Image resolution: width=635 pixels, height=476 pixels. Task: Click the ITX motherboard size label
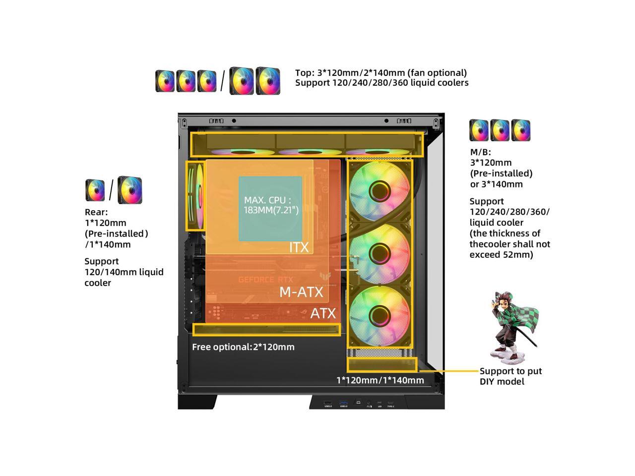[x=299, y=247]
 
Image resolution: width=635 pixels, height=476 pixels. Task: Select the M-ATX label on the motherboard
[x=301, y=292]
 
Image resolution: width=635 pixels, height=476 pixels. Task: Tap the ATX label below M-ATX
[x=323, y=313]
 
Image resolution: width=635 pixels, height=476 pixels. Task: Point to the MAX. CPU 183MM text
[x=271, y=205]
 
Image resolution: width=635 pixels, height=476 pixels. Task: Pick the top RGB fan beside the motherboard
[x=380, y=190]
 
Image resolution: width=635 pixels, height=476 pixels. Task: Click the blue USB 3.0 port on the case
[x=343, y=402]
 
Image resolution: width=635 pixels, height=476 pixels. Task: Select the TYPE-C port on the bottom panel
[x=390, y=403]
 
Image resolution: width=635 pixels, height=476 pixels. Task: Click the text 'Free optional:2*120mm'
[x=243, y=347]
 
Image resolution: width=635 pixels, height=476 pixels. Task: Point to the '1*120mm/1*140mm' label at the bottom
[x=380, y=380]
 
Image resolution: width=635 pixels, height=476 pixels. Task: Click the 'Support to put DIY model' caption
[x=510, y=376]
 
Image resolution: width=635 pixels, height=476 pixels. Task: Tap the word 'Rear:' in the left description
[x=96, y=212]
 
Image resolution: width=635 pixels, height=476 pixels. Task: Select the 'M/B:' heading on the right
[x=480, y=152]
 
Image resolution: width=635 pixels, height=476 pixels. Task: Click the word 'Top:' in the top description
[x=305, y=73]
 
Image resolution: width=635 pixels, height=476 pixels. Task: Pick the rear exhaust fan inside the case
[x=195, y=196]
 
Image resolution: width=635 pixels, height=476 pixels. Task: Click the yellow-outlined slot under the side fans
[x=382, y=365]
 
